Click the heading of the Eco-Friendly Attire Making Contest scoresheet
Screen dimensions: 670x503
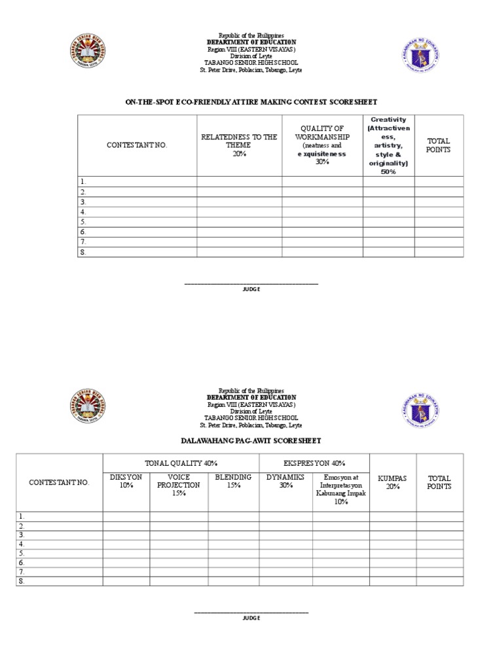[x=251, y=102]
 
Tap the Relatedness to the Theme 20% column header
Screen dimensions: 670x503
[x=239, y=145]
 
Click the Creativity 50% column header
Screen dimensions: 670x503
[x=388, y=145]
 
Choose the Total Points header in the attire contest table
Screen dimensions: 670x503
[x=438, y=145]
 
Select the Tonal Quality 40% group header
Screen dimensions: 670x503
[x=181, y=463]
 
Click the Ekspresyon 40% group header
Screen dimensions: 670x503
[x=315, y=463]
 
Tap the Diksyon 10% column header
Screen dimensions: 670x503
[x=126, y=482]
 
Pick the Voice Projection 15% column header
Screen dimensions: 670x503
[x=179, y=485]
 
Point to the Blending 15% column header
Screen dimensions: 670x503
[x=233, y=482]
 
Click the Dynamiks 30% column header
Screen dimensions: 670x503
[x=286, y=482]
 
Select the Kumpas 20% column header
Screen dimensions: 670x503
[x=392, y=483]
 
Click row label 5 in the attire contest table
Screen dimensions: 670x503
[x=83, y=222]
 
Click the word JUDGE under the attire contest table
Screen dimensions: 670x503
[x=251, y=289]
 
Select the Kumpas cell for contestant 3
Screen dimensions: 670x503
[x=392, y=535]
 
